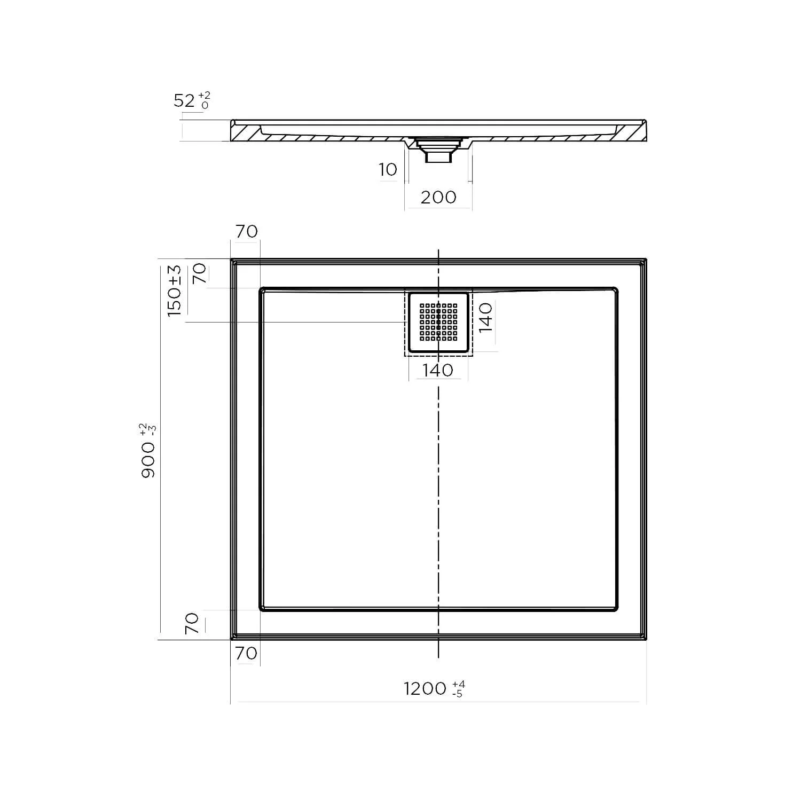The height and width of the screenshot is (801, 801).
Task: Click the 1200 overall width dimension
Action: point(425,689)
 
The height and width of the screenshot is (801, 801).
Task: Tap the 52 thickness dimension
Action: point(184,100)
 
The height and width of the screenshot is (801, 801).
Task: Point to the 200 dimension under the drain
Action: point(438,197)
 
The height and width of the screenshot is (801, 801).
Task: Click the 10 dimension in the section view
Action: point(388,170)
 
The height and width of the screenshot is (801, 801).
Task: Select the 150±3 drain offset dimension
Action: point(175,291)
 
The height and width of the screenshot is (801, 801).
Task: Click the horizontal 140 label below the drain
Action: point(438,370)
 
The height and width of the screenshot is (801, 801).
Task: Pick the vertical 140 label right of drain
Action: point(485,317)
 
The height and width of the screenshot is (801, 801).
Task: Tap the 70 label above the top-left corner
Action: point(246,231)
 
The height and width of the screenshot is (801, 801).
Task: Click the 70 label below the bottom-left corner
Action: point(246,653)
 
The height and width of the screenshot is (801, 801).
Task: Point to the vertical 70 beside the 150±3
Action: point(199,274)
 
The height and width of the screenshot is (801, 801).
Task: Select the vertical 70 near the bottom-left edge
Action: point(192,623)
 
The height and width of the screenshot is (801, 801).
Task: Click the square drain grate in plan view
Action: point(438,322)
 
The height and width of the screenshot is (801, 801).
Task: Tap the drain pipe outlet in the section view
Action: point(438,156)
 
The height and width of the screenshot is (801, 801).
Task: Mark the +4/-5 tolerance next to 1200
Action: point(458,689)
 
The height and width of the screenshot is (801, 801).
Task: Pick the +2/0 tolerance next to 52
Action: point(204,100)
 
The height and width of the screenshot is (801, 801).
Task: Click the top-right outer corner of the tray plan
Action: point(646,260)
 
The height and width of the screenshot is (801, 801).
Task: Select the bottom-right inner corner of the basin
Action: point(616,609)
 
